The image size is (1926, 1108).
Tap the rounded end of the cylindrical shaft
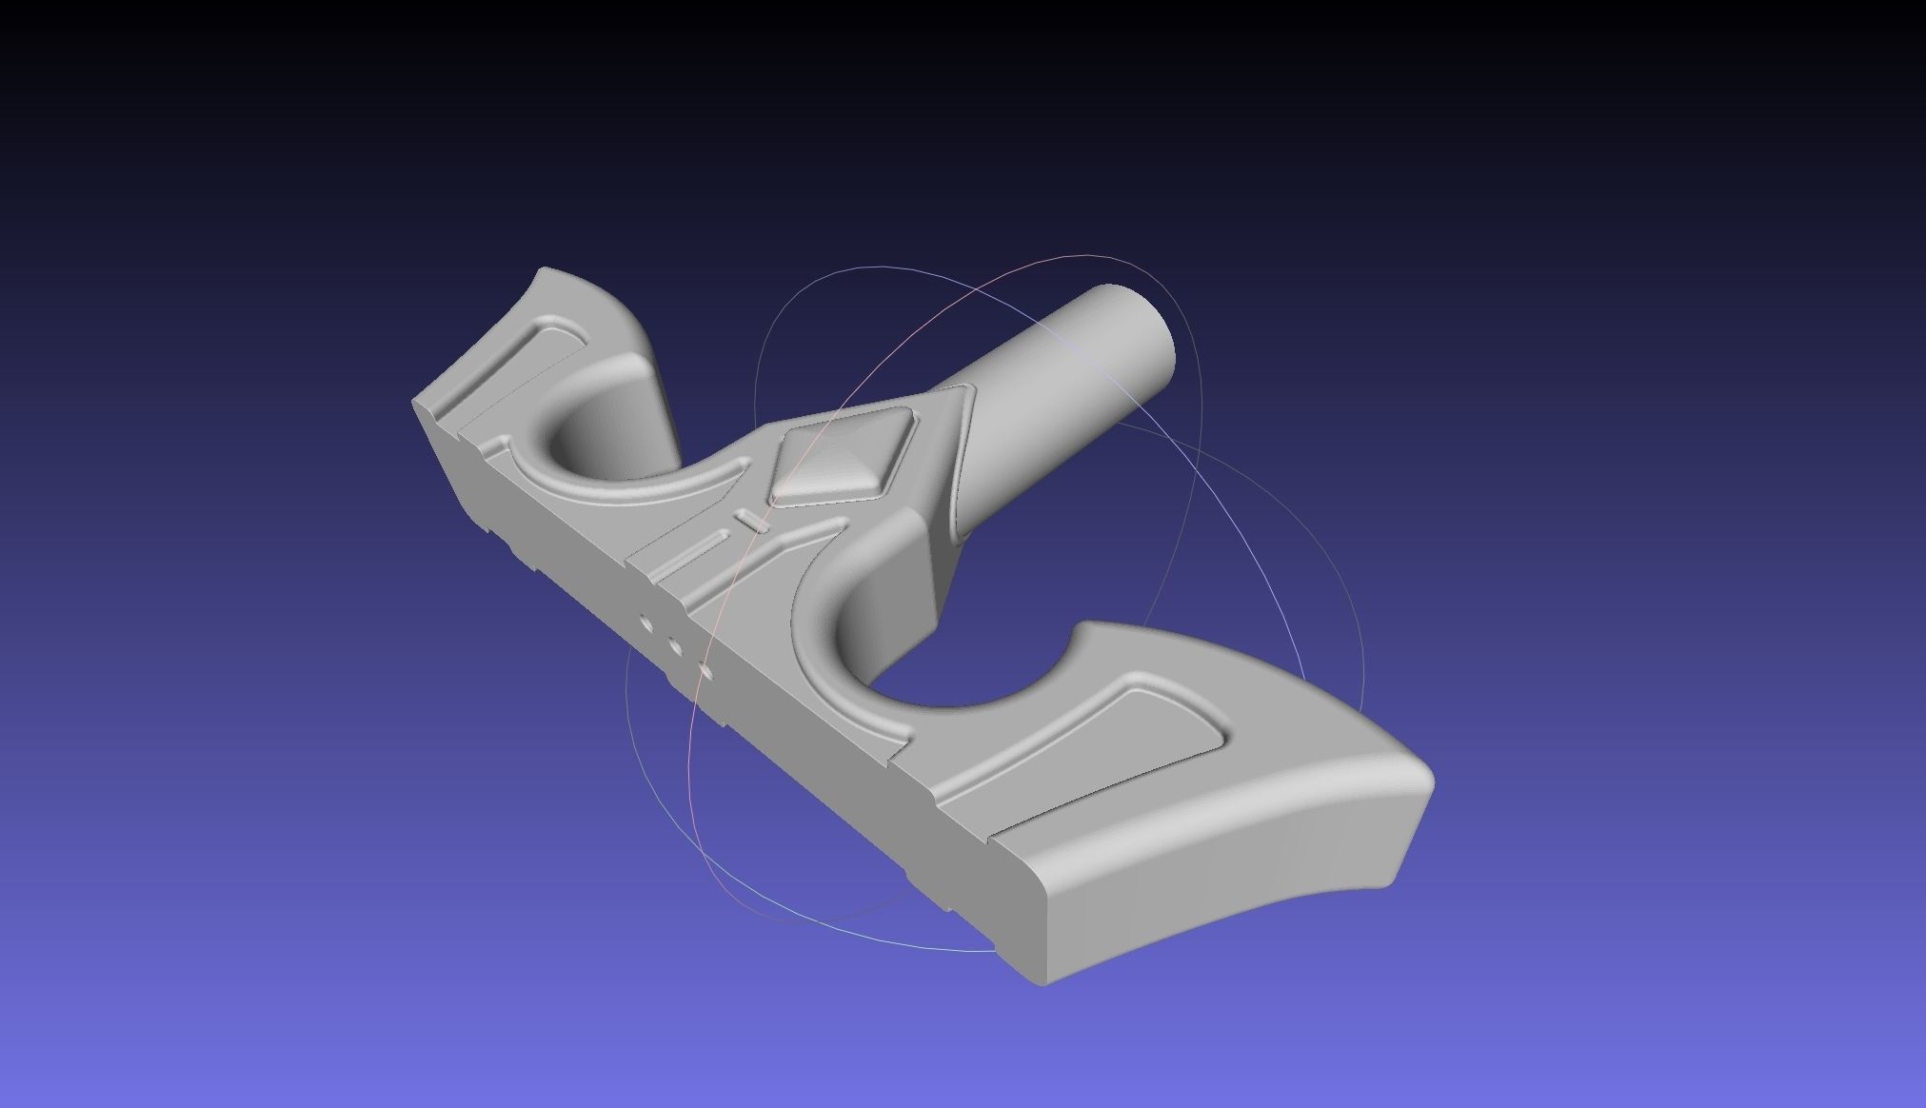(1142, 324)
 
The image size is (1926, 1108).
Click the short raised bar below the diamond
(753, 520)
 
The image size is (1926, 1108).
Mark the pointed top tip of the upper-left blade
(546, 270)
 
